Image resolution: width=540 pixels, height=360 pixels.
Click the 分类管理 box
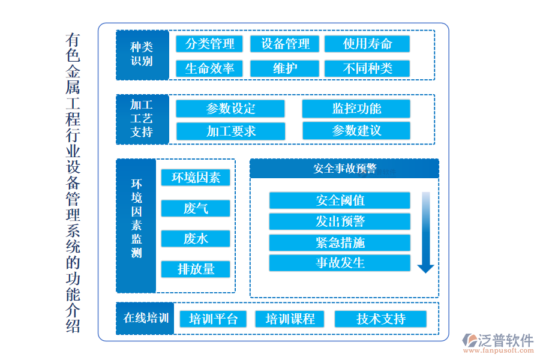209,44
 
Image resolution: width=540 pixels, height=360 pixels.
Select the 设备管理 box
285,44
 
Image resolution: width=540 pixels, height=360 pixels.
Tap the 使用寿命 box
367,44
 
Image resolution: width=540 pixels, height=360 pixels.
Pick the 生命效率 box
209,68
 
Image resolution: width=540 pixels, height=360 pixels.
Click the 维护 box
285,68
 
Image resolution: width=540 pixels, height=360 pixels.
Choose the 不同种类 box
367,68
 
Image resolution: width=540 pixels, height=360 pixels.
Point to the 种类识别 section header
142,55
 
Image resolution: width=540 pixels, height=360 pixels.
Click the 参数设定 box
230,109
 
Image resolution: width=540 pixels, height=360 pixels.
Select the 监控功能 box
356,109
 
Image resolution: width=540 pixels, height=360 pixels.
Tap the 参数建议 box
356,131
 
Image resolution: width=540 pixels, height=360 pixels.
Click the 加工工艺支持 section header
142,119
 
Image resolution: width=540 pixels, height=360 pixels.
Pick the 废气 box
196,208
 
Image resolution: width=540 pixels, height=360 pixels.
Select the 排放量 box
196,269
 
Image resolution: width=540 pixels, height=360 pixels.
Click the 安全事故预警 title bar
344,169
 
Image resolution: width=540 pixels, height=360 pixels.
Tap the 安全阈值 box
340,200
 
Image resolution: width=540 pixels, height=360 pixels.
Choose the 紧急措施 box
340,242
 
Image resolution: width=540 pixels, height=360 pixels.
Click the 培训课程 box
290,319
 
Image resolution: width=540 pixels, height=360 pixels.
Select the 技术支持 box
380,319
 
